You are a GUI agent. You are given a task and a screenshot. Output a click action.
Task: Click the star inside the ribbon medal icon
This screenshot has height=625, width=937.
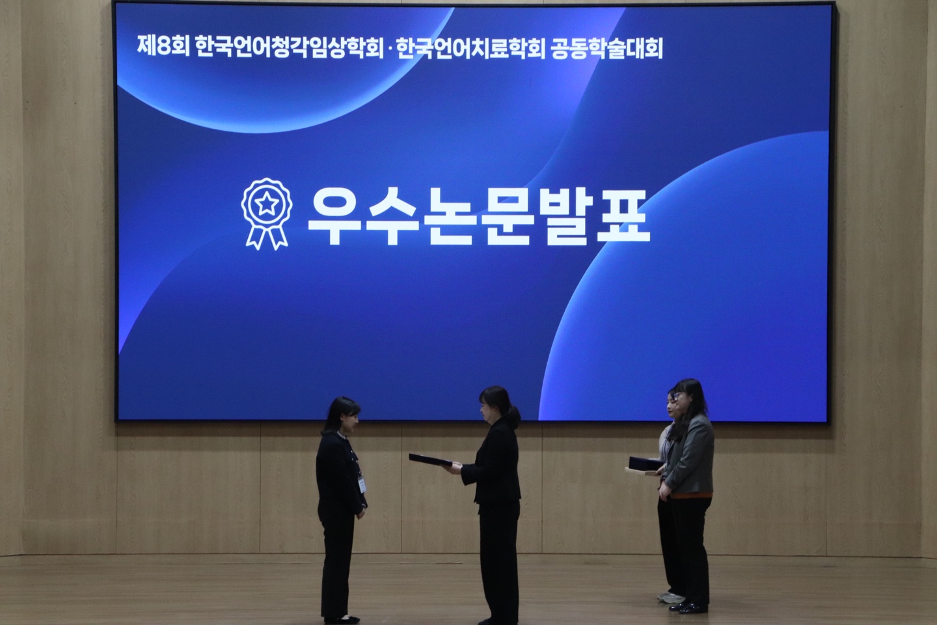[267, 204]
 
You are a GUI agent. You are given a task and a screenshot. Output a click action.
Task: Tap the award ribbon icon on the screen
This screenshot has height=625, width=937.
[267, 214]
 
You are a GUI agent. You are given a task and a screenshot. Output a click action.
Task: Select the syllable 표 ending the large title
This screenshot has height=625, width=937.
[623, 216]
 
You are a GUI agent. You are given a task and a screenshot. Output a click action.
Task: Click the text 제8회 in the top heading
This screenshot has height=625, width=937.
[163, 48]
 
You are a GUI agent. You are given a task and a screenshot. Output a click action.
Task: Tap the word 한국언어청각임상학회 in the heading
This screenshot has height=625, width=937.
[289, 48]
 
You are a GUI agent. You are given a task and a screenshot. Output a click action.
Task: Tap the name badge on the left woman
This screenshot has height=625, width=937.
[362, 484]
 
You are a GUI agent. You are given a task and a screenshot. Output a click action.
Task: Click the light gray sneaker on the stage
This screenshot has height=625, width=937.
[670, 598]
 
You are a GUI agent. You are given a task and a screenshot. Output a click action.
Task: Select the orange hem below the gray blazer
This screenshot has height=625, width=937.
[691, 495]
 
